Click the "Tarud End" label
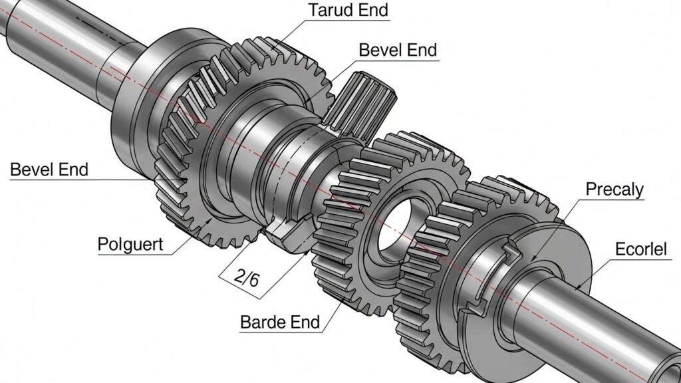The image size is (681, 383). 348,11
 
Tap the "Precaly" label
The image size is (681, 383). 614,190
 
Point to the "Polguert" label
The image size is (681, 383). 130,243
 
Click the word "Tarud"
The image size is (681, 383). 331,11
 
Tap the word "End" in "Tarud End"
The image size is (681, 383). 372,11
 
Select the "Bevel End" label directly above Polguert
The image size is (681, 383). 49,170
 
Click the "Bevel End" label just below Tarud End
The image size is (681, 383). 397,50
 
